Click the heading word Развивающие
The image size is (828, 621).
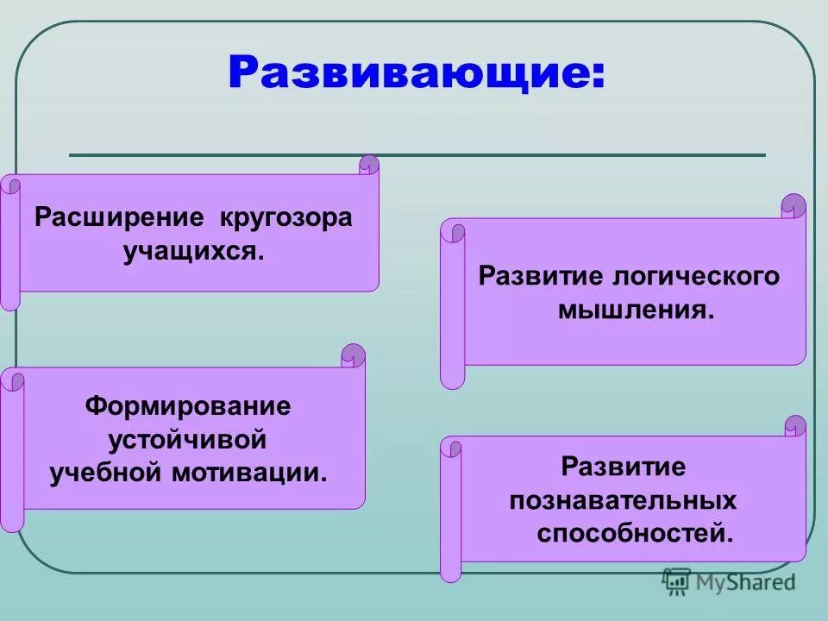[416, 73]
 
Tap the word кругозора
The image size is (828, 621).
[285, 217]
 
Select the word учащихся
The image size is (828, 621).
[193, 252]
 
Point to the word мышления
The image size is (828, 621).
[637, 310]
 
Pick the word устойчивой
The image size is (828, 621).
[188, 439]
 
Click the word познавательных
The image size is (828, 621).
[623, 500]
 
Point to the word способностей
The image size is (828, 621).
[634, 534]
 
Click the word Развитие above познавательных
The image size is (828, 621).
[623, 467]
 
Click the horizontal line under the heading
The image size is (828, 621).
[417, 155]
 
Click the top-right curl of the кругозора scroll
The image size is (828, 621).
[369, 165]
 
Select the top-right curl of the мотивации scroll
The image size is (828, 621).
[354, 354]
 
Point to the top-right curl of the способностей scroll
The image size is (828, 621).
[795, 426]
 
